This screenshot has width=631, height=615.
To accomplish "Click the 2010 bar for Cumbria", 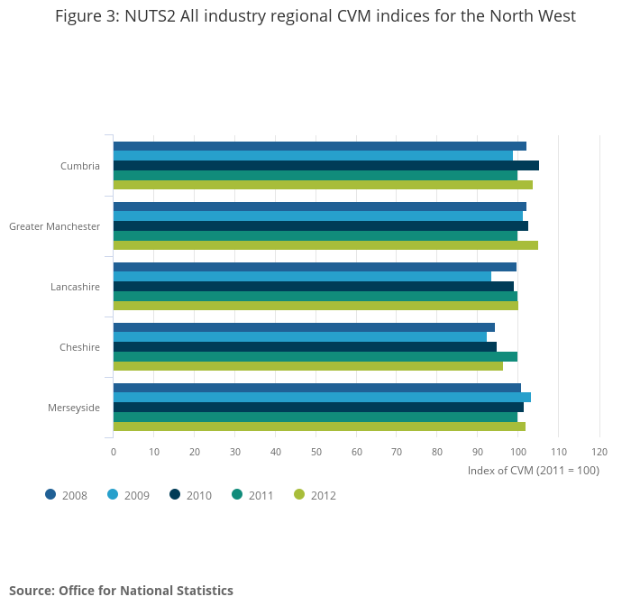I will coord(325,165).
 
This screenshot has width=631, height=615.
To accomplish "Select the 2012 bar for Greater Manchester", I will coord(325,245).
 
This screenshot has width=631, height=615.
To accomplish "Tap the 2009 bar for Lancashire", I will coord(302,276).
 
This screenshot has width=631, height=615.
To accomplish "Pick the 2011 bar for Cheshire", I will coord(315,356).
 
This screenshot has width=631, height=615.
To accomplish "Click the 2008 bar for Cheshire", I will coord(304,327).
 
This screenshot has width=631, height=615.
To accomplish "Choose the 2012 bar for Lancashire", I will coord(315,306).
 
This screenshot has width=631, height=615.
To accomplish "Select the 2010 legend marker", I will coord(175,494).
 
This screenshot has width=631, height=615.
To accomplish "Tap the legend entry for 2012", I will coord(315,495).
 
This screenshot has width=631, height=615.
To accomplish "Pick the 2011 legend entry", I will coord(252,495).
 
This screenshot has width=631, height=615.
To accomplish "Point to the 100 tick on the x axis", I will coord(517,452).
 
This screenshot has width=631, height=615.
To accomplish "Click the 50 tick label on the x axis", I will coord(315,452).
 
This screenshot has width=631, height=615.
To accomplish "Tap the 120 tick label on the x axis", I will coord(599,452).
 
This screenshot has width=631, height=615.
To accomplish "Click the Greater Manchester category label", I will coord(54,226).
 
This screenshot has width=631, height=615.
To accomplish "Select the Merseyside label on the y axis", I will coord(74,408).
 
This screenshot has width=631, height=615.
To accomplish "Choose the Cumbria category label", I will coord(80,166).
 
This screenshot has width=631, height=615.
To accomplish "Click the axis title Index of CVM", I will coord(533,471).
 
